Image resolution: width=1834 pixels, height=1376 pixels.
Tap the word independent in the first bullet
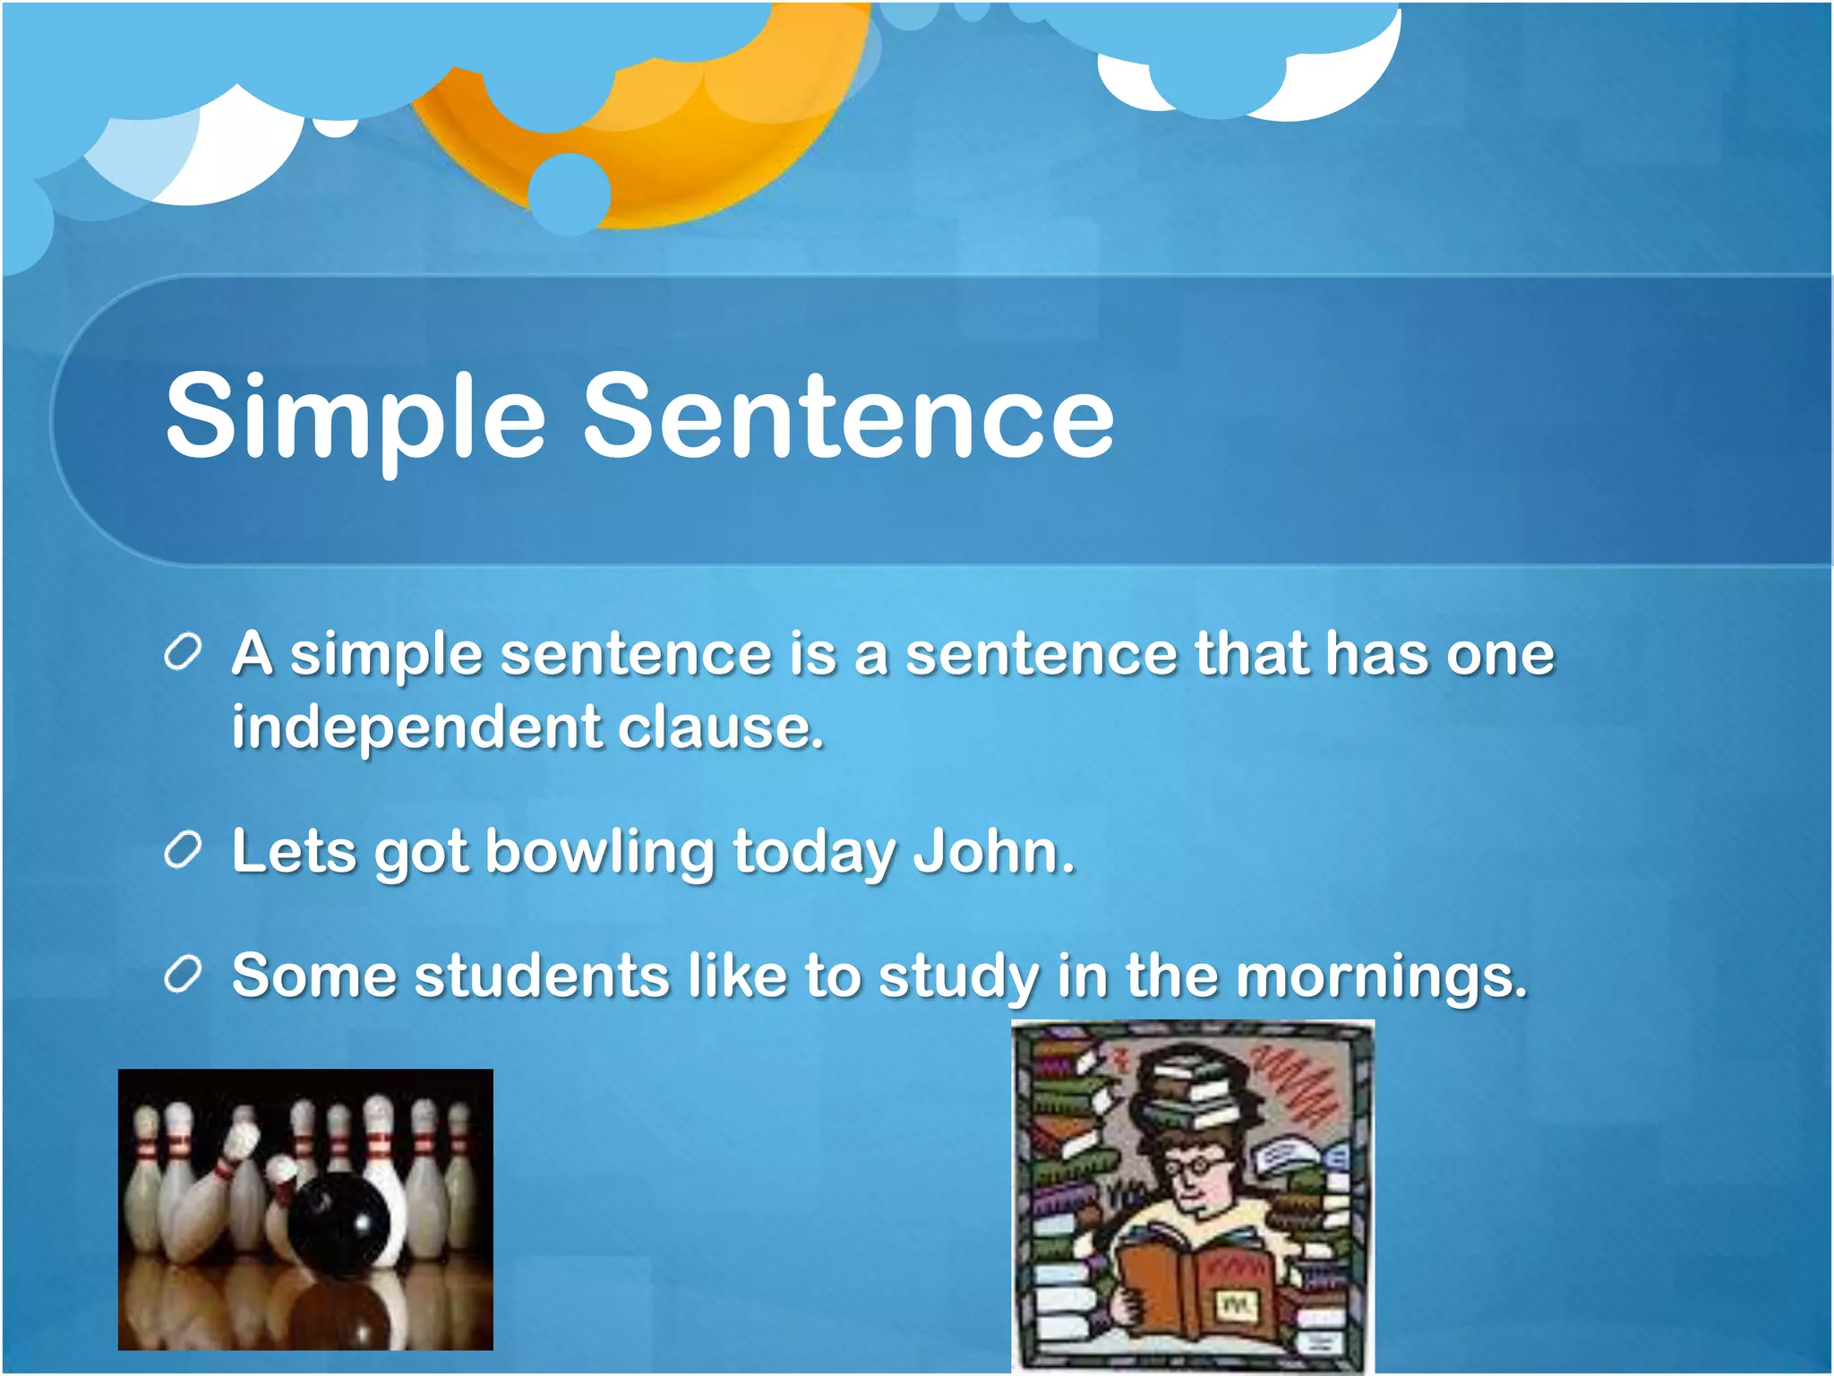(416, 727)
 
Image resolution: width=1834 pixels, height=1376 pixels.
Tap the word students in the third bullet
(541, 976)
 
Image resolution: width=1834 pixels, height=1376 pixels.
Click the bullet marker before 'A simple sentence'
(182, 653)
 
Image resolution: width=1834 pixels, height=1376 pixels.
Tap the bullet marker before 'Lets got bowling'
(182, 850)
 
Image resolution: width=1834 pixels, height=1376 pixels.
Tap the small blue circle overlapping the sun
(569, 193)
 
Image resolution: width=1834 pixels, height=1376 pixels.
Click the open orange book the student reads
(1196, 1286)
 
